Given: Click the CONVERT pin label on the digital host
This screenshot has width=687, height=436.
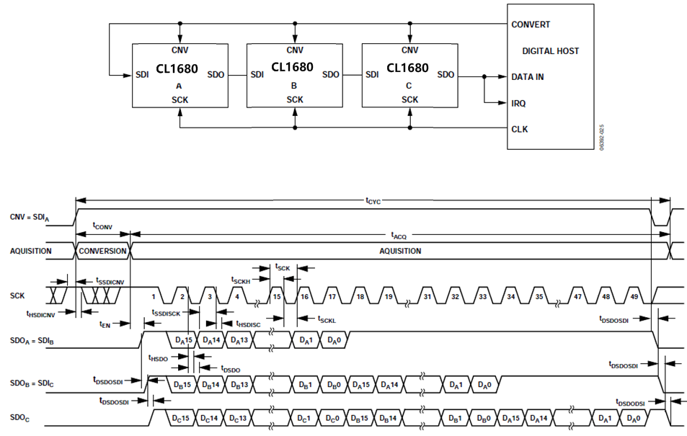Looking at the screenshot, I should click(531, 25).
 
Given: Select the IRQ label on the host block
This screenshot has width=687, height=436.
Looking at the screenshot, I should click(518, 103).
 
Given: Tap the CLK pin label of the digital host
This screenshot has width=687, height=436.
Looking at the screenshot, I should click(519, 130).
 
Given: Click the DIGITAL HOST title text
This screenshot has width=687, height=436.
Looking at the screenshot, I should click(550, 51).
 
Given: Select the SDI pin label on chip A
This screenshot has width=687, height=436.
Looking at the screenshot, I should click(142, 74).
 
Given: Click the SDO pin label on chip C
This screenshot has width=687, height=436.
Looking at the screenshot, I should click(446, 74).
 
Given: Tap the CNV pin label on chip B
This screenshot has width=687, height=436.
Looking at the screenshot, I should click(295, 50).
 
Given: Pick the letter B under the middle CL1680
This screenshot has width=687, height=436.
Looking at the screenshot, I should click(293, 85).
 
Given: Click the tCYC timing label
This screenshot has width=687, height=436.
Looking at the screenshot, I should click(373, 203).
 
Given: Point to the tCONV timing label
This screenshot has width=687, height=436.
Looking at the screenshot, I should click(103, 225).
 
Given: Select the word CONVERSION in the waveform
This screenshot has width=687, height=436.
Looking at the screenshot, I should click(102, 251).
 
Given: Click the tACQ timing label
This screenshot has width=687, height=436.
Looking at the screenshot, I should click(399, 235).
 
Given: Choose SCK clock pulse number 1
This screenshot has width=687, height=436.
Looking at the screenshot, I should click(154, 296).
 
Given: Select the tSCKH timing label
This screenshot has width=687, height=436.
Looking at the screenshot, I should click(240, 280).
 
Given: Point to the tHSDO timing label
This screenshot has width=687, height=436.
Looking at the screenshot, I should click(157, 357).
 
